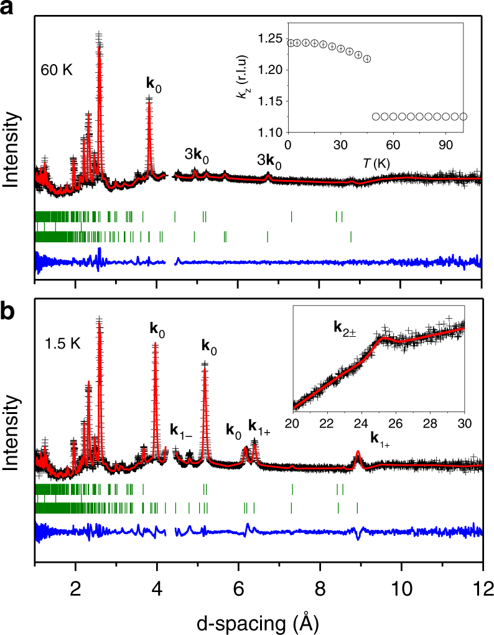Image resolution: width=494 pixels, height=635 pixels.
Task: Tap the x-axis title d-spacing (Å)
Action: (259, 619)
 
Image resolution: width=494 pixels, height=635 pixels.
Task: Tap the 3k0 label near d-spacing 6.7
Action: (269, 162)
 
